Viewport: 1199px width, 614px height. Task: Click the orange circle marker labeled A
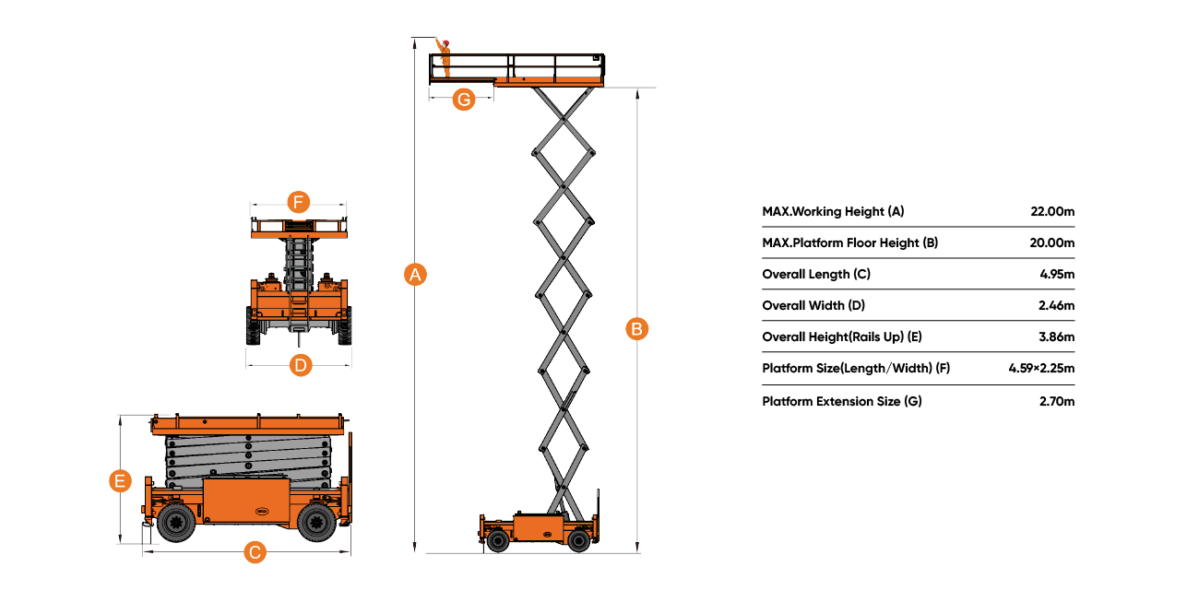[x=416, y=274]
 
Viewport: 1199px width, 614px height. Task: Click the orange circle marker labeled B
[x=637, y=328]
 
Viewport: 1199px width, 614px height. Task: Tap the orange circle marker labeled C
[x=255, y=553]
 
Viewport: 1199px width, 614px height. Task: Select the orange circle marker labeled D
[x=300, y=365]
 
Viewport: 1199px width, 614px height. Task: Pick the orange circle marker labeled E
[x=120, y=480]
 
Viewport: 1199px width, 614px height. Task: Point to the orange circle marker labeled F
[x=297, y=202]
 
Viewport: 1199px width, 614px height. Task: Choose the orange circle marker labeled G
[x=465, y=99]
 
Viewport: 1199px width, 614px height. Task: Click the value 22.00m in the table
[x=1052, y=212]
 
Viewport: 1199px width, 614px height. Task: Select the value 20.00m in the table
[x=1052, y=243]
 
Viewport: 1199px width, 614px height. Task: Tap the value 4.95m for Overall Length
[x=1056, y=275]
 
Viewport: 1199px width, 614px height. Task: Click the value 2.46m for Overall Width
[x=1056, y=306]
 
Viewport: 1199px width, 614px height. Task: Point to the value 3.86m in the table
[x=1056, y=337]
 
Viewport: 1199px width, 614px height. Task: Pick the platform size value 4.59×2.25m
[x=1041, y=369]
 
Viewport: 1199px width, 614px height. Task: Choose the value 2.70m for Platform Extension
[x=1056, y=401]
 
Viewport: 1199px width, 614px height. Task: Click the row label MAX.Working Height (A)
[x=833, y=212]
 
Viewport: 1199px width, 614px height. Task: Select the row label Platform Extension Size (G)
[x=841, y=401]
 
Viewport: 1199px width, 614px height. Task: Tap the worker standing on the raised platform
[x=445, y=57]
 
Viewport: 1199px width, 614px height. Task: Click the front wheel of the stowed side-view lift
[x=175, y=523]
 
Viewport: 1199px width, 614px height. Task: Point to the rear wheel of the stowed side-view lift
[x=315, y=523]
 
